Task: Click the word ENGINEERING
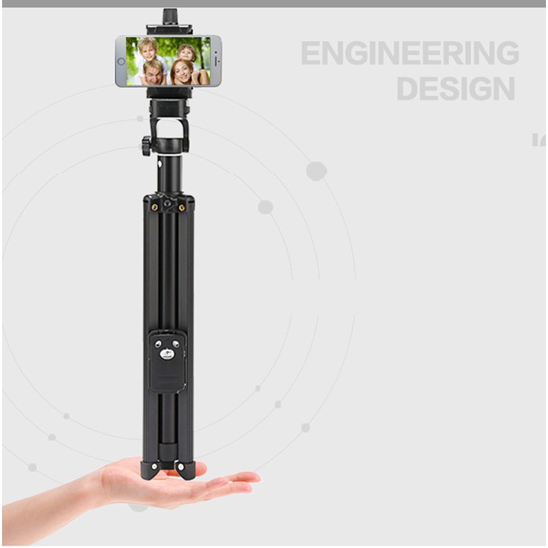pyautogui.click(x=410, y=53)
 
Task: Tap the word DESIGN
pyautogui.click(x=456, y=89)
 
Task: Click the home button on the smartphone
pyautogui.click(x=121, y=61)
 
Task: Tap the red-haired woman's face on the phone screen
pyautogui.click(x=181, y=74)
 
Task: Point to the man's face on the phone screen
pyautogui.click(x=154, y=73)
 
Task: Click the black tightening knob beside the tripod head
pyautogui.click(x=147, y=146)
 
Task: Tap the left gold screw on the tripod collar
pyautogui.click(x=154, y=208)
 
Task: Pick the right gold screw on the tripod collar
pyautogui.click(x=182, y=208)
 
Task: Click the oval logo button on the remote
pyautogui.click(x=167, y=355)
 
